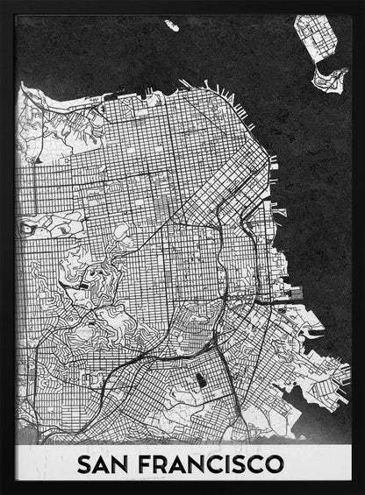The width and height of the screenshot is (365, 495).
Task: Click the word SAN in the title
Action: pos(106,463)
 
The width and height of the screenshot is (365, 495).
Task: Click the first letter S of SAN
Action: pos(85,463)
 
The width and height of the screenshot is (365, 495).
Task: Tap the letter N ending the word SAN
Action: pos(126,463)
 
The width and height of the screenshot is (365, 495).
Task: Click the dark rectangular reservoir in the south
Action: pos(200,382)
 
